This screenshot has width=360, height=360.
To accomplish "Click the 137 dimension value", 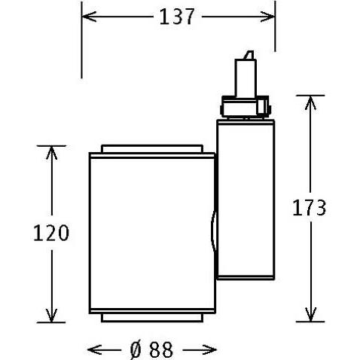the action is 177,17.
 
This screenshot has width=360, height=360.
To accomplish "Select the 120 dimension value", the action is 51,233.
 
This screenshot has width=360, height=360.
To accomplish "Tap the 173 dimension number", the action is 309,208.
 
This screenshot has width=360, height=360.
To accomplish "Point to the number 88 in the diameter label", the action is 160,349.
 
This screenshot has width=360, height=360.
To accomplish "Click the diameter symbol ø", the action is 136,349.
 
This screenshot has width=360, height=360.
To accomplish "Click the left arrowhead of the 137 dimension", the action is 89,17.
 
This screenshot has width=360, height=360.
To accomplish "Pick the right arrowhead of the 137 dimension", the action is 267,17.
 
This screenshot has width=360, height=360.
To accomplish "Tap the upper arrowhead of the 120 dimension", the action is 52,153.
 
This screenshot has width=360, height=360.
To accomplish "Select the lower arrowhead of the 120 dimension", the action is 52,316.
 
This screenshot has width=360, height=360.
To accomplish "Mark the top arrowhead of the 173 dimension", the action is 310,102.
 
